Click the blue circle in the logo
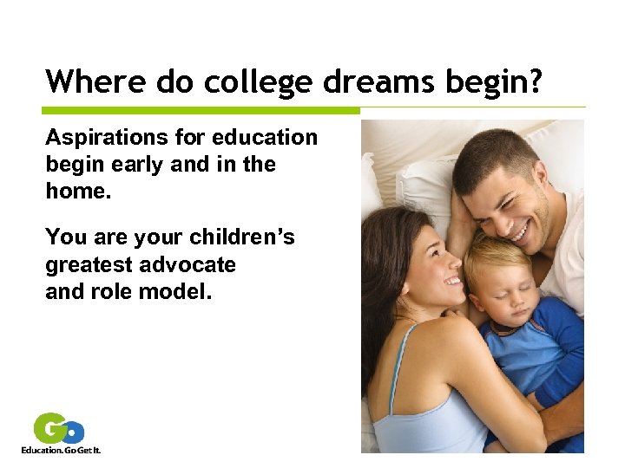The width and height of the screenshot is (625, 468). coord(75,432)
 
